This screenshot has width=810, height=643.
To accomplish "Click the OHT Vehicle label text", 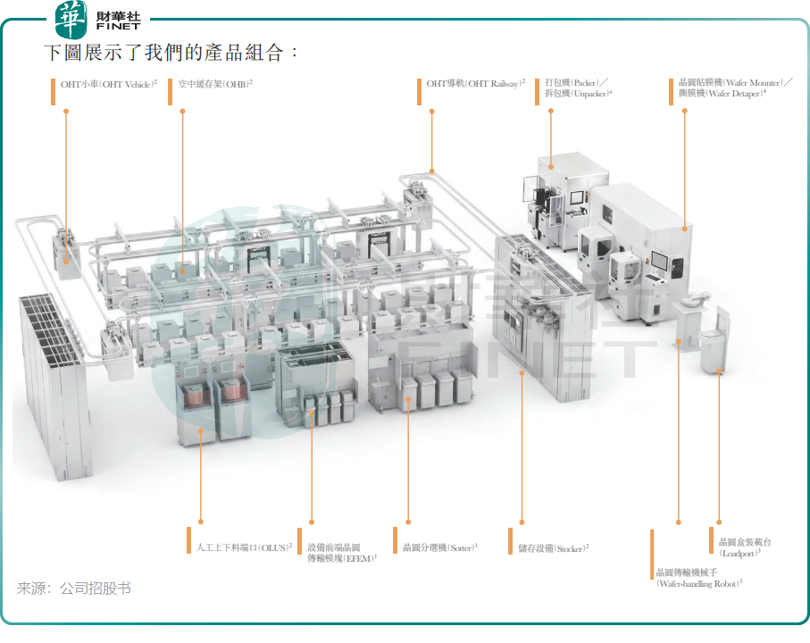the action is coord(109,84).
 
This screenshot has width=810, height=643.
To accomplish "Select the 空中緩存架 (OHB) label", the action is coord(215,84).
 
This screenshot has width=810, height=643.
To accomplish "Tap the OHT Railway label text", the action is coord(476,84).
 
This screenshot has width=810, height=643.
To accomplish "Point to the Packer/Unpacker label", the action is coord(579,88).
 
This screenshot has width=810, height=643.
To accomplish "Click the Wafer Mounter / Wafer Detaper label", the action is coord(735,88).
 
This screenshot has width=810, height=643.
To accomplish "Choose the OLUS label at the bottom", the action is coord(245,547).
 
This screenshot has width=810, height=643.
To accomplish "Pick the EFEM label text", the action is coord(343,553).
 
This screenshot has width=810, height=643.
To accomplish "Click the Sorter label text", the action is coord(440,547).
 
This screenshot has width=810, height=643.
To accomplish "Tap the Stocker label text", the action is coord(554,548).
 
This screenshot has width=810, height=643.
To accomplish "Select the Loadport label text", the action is coord(745,547).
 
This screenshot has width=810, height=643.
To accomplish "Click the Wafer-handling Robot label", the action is coord(699,578).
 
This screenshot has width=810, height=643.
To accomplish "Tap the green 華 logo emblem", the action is coord(71,20).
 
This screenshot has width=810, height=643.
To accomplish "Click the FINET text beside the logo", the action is coord(118,26).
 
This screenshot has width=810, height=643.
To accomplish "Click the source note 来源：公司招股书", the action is coord(74,588).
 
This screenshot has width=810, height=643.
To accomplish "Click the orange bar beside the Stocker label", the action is coord(511,540).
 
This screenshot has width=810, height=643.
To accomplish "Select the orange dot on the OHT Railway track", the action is coord(432,171).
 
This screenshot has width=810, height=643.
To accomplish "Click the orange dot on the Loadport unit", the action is coord(719,371).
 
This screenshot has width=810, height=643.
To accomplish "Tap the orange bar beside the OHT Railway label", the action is coord(420,91).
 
